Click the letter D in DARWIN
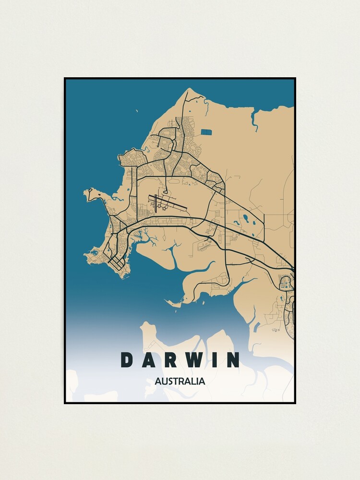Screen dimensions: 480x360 pyautogui.click(x=126, y=360)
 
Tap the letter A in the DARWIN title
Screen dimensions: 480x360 pyautogui.click(x=149, y=360)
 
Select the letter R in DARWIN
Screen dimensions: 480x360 pyautogui.click(x=172, y=360)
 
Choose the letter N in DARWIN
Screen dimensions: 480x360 pyautogui.click(x=232, y=360)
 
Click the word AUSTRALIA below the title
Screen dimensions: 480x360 pyautogui.click(x=180, y=382)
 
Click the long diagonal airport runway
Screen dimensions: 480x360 pyautogui.click(x=168, y=202)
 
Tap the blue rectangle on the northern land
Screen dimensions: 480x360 pyautogui.click(x=206, y=132)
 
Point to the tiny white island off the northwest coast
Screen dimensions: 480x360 pyautogui.click(x=136, y=112)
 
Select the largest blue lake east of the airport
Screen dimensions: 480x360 pyautogui.click(x=246, y=218)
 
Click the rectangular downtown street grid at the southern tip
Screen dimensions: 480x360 pyautogui.click(x=117, y=264)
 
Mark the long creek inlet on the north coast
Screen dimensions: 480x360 pyautogui.click(x=255, y=120)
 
